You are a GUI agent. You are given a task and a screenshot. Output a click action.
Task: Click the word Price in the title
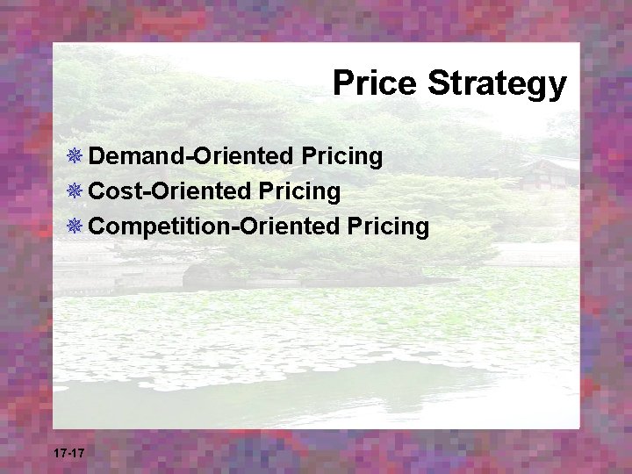click(x=375, y=84)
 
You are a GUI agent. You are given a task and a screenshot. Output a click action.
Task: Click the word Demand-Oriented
click(x=191, y=157)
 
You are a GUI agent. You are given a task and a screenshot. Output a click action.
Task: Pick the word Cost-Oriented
click(x=170, y=191)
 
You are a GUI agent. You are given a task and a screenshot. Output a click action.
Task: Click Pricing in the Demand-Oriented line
click(x=342, y=157)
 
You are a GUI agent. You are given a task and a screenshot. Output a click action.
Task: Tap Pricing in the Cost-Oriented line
click(x=300, y=191)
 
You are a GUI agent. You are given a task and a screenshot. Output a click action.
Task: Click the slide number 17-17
click(x=68, y=453)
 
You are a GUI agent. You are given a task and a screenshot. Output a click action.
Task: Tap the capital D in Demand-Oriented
click(x=97, y=157)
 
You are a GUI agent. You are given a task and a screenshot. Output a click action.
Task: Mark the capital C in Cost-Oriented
click(x=97, y=191)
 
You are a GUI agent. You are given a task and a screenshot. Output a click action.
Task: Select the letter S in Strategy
click(x=437, y=84)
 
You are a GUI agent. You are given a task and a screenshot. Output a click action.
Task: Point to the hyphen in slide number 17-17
click(x=68, y=454)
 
